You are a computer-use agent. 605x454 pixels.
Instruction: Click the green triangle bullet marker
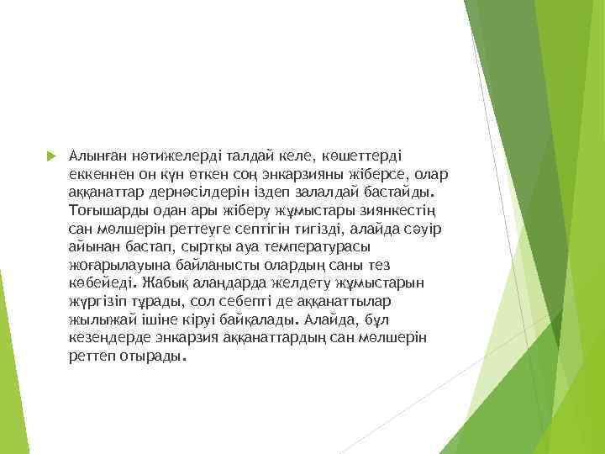point(49,156)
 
